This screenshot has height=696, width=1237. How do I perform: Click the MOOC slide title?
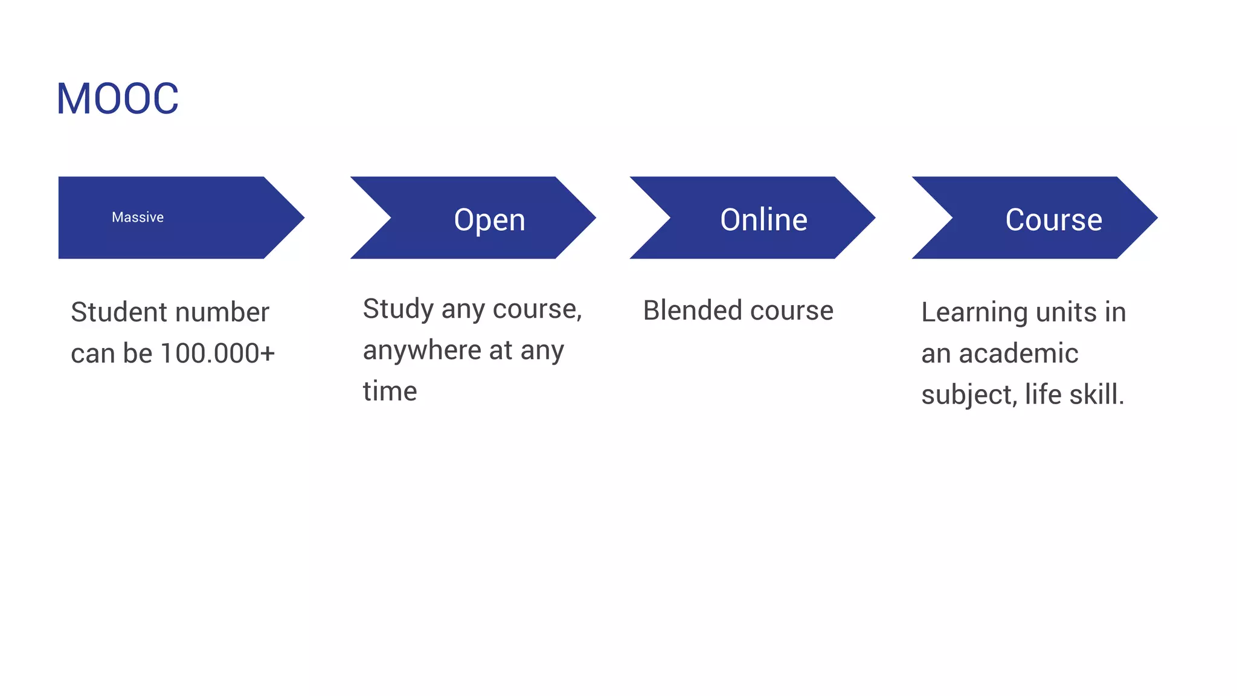pos(117,98)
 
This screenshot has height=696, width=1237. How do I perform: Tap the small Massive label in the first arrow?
pos(138,217)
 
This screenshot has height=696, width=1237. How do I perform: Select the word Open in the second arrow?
pos(489,220)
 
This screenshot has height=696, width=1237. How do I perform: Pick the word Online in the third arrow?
pos(763,219)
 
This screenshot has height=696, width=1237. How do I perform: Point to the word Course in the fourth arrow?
pos(1053,219)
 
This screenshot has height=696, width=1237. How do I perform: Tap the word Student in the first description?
pos(119,312)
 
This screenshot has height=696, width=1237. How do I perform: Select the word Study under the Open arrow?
pos(398,309)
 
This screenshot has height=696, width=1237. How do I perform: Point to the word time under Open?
pos(390,391)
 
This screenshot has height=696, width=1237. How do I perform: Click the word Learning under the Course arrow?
pos(974,313)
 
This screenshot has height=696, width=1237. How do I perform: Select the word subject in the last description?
pos(968,395)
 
